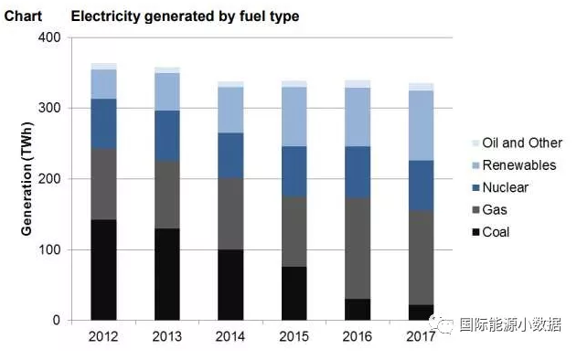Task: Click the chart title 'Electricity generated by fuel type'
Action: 185,16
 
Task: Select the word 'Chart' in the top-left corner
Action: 23,16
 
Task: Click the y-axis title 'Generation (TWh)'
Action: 27,179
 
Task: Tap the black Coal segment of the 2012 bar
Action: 103,270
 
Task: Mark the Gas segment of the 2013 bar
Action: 166,195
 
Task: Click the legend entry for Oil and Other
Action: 521,143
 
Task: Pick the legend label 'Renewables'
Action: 519,165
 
